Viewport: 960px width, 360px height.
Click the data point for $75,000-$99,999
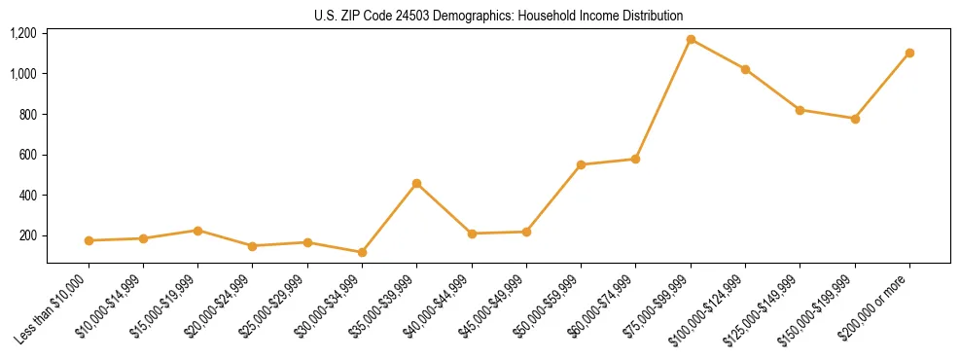pyautogui.click(x=691, y=40)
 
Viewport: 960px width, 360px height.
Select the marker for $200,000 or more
pyautogui.click(x=909, y=53)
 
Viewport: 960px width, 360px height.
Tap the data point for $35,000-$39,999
pyautogui.click(x=416, y=183)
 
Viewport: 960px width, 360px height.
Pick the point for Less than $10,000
pyautogui.click(x=89, y=240)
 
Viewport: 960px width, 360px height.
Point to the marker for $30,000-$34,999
pyautogui.click(x=362, y=252)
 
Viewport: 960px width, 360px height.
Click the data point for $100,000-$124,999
pyautogui.click(x=745, y=69)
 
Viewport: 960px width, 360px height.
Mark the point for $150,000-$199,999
pyautogui.click(x=855, y=119)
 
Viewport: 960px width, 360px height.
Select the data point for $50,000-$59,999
pyautogui.click(x=581, y=164)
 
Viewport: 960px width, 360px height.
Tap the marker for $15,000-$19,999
pyautogui.click(x=197, y=231)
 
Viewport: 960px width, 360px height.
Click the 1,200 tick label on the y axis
pyautogui.click(x=23, y=34)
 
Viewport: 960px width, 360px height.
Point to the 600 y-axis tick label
pyautogui.click(x=28, y=155)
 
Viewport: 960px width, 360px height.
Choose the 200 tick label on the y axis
pyautogui.click(x=28, y=235)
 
